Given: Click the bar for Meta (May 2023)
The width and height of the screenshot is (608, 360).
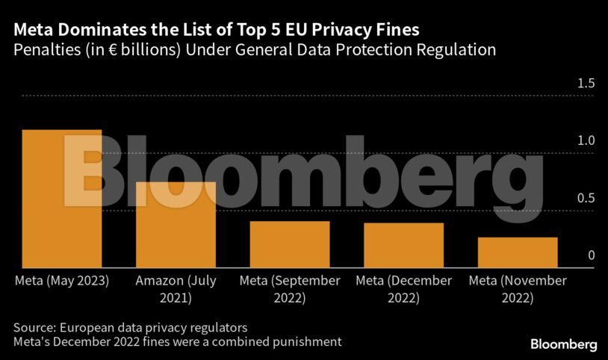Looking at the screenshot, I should click(x=62, y=199).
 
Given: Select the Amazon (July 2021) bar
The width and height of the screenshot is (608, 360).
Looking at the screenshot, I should click(x=176, y=225).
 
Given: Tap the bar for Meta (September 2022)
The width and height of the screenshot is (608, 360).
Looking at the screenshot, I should click(x=290, y=244).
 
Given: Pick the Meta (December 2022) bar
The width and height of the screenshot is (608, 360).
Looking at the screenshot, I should click(x=404, y=245).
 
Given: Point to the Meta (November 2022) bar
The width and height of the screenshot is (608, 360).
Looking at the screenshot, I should click(x=518, y=252).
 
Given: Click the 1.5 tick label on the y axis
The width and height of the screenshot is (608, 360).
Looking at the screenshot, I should click(x=586, y=83).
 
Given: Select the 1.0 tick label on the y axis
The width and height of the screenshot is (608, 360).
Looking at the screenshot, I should click(x=586, y=140).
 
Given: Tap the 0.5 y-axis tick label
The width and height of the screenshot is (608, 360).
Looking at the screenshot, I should click(x=586, y=198).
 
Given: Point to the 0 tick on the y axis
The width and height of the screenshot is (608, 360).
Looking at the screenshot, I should click(x=591, y=255).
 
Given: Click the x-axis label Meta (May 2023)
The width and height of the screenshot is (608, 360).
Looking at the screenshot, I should click(x=62, y=281).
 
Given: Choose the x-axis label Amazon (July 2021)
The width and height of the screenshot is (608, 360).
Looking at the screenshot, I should click(x=176, y=289).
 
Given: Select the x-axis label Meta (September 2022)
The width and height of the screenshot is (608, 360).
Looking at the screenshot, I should click(x=290, y=289).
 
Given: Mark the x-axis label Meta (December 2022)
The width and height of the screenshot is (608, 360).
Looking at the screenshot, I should click(x=404, y=289).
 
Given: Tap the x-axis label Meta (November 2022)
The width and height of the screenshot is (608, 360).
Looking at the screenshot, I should click(x=518, y=289).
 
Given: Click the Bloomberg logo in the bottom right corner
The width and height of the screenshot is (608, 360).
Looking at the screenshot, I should click(x=563, y=344).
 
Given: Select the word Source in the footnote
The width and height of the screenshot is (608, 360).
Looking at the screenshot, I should click(x=32, y=328).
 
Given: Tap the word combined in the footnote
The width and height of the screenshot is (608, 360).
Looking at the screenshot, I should click(x=251, y=342).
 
